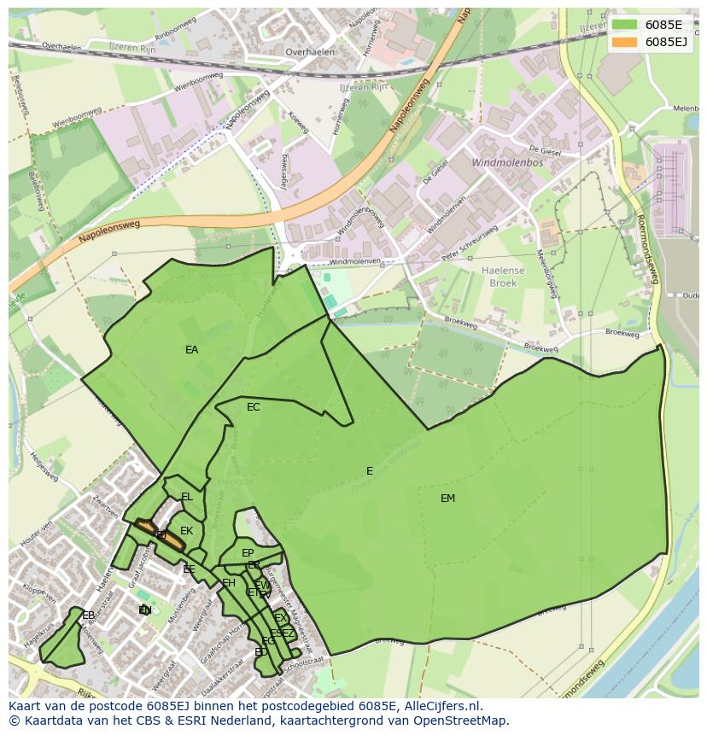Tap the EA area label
point(191,350)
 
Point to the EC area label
point(253,407)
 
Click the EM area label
point(447,499)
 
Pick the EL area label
point(186,497)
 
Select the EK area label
point(186,531)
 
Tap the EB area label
point(88,615)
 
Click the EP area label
point(248,553)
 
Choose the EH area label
point(229,583)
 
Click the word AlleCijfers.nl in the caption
point(440,706)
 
